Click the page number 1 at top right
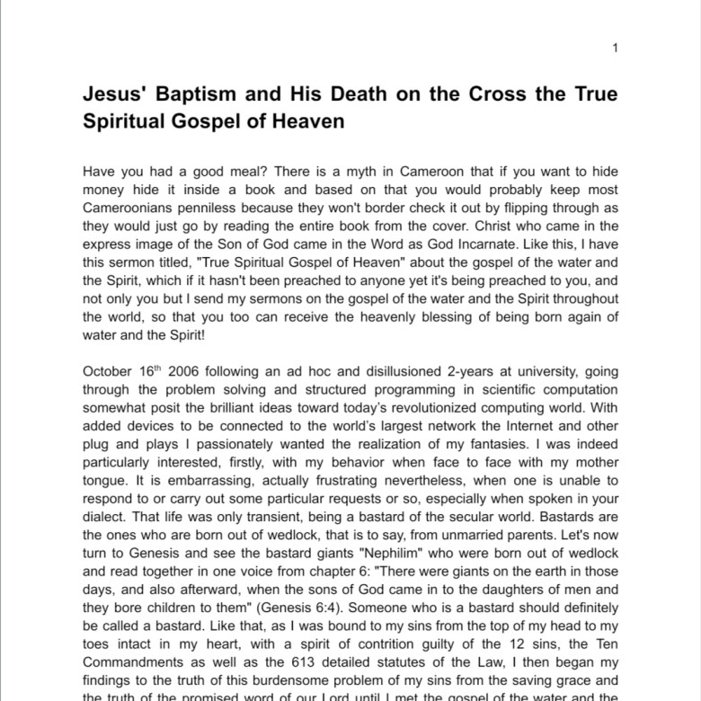pyautogui.click(x=615, y=48)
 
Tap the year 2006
pyautogui.click(x=186, y=371)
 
